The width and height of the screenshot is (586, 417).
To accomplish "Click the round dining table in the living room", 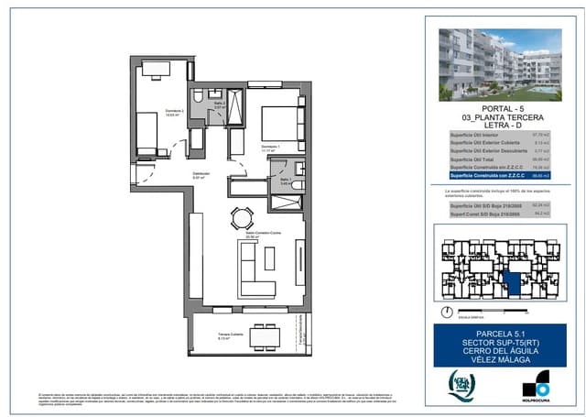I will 242,218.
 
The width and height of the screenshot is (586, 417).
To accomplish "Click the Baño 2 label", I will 219,104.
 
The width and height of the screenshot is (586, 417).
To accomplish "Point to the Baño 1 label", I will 285,181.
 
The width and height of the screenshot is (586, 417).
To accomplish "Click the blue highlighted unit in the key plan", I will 513,282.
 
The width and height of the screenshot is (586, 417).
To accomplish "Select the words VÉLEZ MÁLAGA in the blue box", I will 500,360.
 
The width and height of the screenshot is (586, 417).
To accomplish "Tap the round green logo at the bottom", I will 461,384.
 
